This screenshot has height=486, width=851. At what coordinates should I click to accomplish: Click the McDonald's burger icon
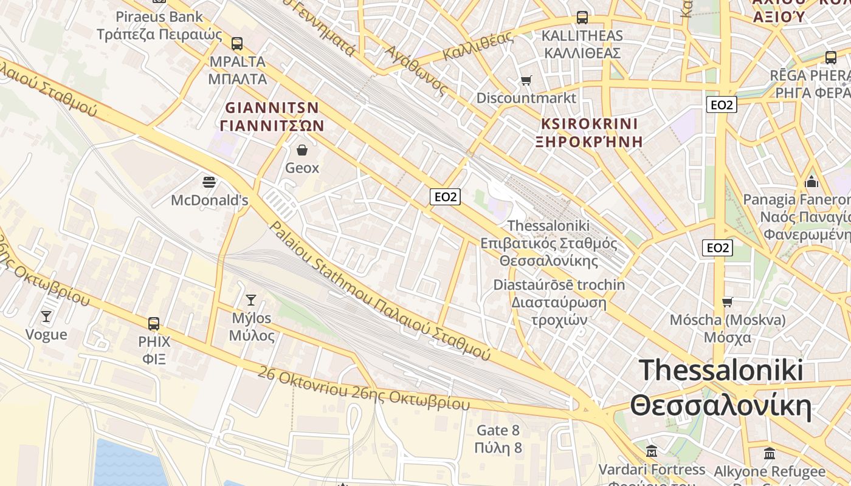209,182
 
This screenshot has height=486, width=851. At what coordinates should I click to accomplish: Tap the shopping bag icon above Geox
302,149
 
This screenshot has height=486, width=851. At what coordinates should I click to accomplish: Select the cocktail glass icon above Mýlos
250,299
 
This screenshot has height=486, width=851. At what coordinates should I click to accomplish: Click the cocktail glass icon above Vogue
46,316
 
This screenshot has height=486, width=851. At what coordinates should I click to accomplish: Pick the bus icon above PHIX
154,323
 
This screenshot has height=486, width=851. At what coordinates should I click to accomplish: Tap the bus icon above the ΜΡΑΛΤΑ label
237,44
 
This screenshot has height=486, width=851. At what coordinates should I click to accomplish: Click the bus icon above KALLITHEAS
582,18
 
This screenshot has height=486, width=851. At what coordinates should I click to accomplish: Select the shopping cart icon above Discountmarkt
526,80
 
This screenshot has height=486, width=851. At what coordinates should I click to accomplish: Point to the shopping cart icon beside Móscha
727,302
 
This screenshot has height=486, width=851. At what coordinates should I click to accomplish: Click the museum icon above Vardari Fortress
652,451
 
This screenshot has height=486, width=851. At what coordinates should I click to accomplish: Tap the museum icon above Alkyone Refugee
770,453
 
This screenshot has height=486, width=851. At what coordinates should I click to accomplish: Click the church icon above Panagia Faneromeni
811,182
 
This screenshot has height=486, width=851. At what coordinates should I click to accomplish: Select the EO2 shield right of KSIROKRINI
722,104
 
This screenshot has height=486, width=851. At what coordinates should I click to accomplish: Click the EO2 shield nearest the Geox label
445,196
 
